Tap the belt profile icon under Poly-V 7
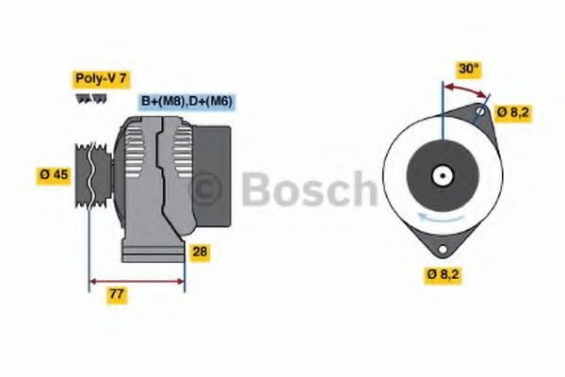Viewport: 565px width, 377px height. (86, 99)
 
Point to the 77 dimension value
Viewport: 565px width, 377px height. (117, 295)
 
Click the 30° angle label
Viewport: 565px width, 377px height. (468, 68)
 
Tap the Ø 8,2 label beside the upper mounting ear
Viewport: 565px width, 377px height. (513, 112)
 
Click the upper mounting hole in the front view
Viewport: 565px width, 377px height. (480, 113)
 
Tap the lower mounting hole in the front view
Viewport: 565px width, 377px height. (442, 247)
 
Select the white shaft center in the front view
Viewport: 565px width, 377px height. (442, 174)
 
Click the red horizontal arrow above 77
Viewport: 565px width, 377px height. (137, 281)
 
